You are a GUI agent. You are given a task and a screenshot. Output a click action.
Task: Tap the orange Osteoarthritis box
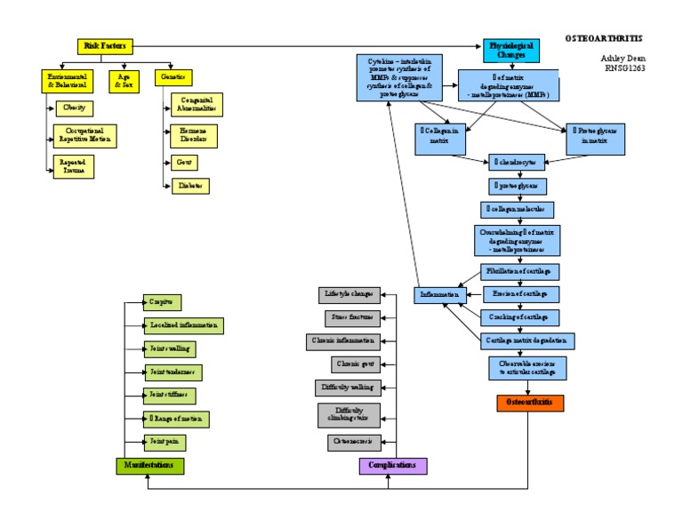529,403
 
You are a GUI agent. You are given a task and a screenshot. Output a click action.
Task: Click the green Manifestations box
150,465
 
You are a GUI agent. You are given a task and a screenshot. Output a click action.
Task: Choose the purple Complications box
392,465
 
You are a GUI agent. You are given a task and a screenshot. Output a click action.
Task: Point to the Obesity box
75,108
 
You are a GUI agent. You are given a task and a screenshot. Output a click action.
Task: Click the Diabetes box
189,186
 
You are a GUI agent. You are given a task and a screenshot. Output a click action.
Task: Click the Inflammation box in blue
438,294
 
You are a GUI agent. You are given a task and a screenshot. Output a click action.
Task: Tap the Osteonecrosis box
354,441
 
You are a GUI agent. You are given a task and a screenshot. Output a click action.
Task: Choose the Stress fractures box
354,316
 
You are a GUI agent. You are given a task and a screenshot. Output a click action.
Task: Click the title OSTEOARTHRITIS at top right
603,39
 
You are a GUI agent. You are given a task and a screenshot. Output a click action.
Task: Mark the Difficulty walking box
349,388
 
